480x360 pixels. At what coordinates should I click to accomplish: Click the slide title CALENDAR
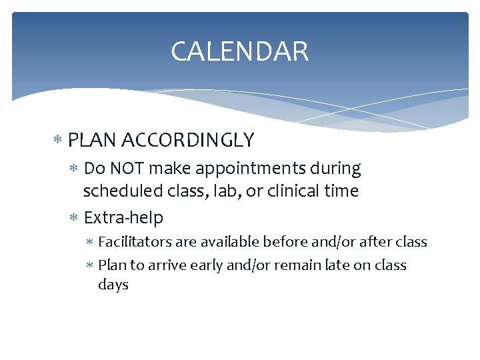[x=239, y=52]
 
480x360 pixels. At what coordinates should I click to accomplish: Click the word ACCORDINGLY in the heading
[x=189, y=140]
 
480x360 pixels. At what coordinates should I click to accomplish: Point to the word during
[x=339, y=169]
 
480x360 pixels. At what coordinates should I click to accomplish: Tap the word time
[x=341, y=191]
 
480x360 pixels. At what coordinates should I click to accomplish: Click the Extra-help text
[x=123, y=218]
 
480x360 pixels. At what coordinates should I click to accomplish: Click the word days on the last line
[x=113, y=285]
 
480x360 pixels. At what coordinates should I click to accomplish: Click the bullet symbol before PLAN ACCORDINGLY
[x=59, y=141]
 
